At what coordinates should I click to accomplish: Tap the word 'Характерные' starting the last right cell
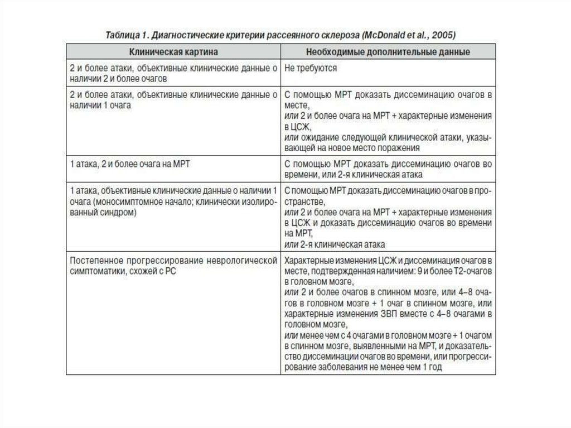click(308, 261)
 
